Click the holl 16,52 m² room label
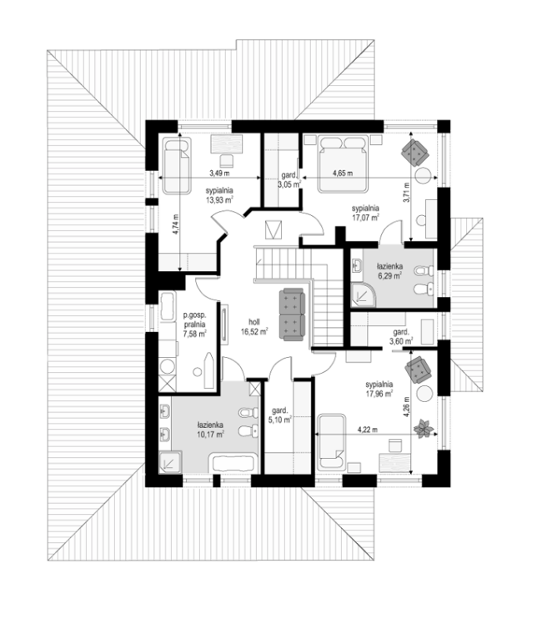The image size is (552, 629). click(x=254, y=327)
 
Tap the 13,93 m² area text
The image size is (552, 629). click(x=219, y=199)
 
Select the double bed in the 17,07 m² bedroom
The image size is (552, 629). click(x=343, y=164)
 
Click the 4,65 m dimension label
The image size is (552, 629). click(x=343, y=174)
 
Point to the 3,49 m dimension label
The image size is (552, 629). click(x=219, y=174)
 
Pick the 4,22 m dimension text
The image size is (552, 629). click(x=368, y=430)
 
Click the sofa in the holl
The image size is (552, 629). click(x=292, y=314)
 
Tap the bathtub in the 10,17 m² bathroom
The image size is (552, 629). click(x=233, y=463)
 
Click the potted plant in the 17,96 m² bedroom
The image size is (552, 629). click(x=424, y=429)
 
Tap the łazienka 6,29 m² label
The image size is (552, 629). click(x=389, y=271)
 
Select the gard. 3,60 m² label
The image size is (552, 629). click(x=401, y=336)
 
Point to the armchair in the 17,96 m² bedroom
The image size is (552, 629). click(x=418, y=369)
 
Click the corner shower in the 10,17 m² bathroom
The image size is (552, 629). click(x=171, y=461)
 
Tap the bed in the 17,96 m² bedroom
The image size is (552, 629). click(x=331, y=442)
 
